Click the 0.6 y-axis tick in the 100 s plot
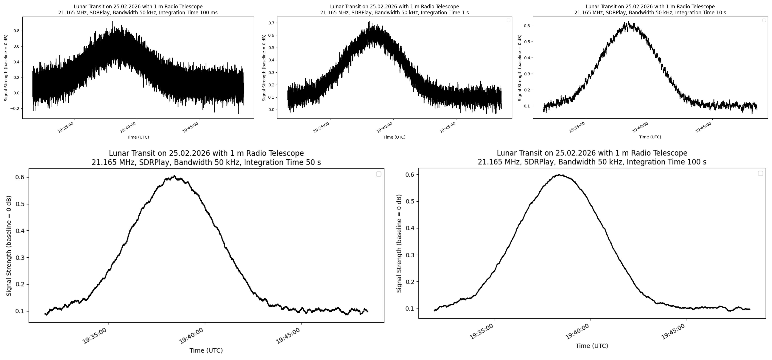tap(410, 174)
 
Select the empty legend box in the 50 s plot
tap(378, 174)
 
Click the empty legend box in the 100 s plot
tap(760, 173)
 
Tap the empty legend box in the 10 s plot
tap(764, 20)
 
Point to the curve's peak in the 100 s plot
tap(560, 175)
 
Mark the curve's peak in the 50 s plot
tap(174, 176)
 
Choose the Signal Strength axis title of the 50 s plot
tap(9, 246)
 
